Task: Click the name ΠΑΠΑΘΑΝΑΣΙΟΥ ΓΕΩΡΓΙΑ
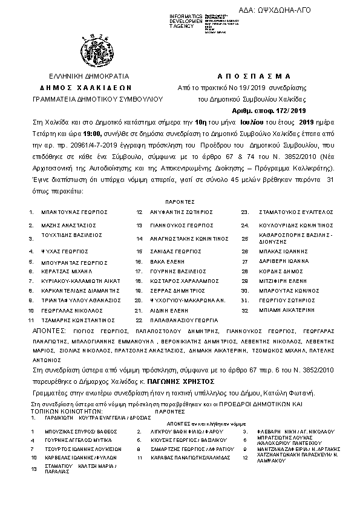[x=185, y=320]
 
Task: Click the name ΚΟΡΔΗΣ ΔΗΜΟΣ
[x=277, y=271]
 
